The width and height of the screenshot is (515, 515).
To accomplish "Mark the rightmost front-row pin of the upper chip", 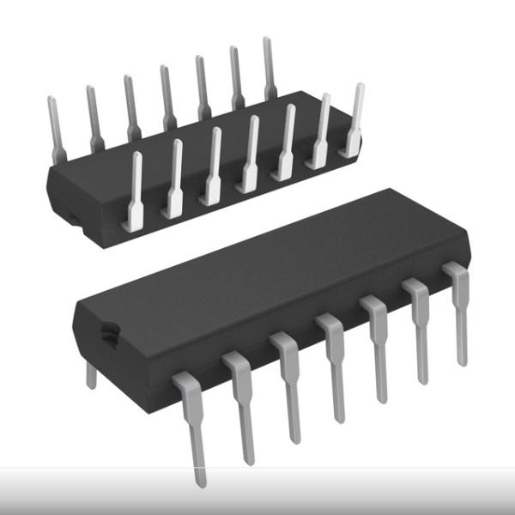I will pos(353,120).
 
